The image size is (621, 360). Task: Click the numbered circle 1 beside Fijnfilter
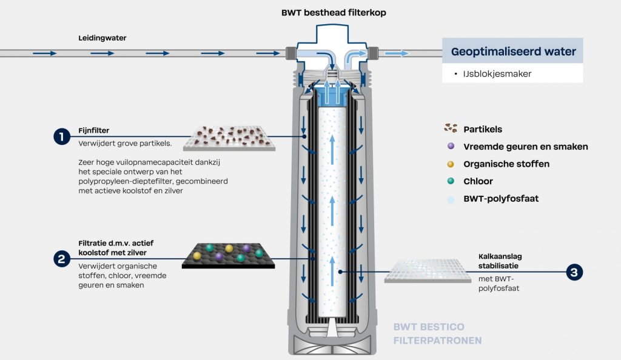tap(61, 137)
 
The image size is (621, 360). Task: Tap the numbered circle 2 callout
tap(61, 259)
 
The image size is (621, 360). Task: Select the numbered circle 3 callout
tap(574, 273)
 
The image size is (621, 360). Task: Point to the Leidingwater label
tap(102, 38)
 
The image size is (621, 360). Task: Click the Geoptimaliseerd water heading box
tap(513, 51)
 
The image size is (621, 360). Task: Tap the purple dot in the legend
tap(450, 146)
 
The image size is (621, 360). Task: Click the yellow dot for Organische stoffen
tap(450, 164)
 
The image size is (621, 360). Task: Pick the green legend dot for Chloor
tap(450, 181)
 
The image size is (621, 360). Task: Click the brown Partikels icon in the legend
tap(450, 128)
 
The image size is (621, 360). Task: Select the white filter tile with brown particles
tap(229, 138)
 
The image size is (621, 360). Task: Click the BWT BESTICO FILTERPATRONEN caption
tap(437, 334)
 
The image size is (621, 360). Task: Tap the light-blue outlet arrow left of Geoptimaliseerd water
tap(397, 53)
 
